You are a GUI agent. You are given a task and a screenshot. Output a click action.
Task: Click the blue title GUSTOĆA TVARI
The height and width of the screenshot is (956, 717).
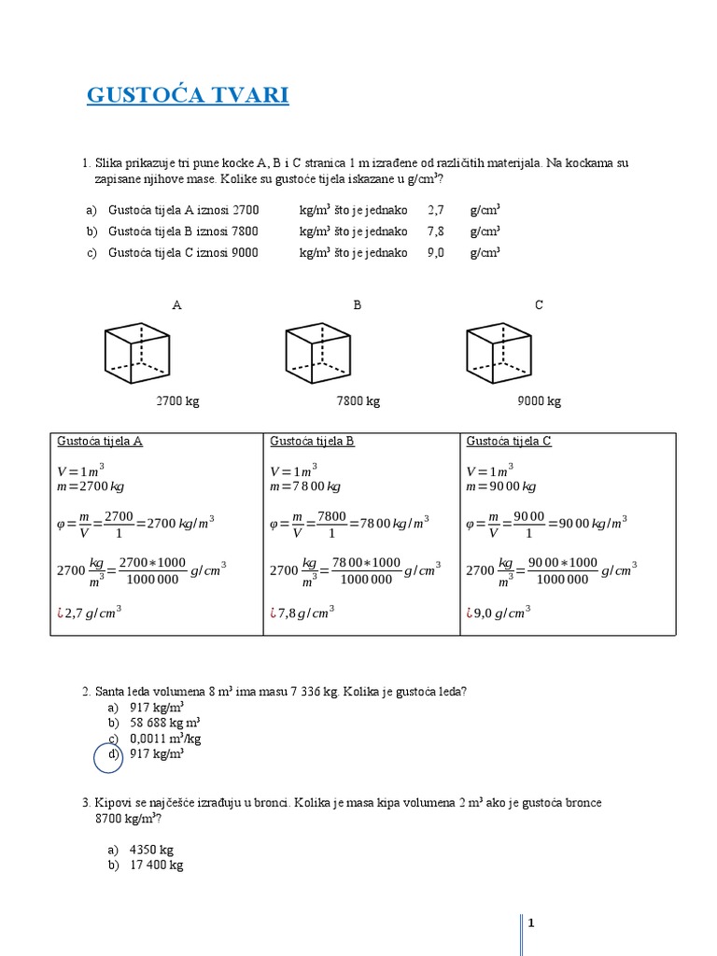(x=188, y=95)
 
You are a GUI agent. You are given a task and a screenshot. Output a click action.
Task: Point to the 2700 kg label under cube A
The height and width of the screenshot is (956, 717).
(x=177, y=401)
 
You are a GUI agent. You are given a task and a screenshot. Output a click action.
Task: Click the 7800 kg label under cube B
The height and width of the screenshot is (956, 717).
(x=358, y=401)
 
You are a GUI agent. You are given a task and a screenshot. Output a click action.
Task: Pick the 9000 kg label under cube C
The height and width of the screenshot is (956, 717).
(x=540, y=401)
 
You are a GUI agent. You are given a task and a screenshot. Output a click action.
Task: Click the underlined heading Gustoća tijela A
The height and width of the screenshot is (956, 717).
(x=100, y=442)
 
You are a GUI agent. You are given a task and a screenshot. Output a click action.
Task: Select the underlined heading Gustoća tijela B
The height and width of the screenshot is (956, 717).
(x=312, y=442)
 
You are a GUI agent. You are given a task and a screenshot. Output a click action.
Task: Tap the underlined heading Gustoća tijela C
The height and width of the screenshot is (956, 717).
(x=509, y=442)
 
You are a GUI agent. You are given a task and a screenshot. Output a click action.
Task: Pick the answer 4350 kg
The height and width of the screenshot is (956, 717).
(x=151, y=850)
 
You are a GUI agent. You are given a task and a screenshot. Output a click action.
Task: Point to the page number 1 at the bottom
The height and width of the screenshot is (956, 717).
(x=531, y=923)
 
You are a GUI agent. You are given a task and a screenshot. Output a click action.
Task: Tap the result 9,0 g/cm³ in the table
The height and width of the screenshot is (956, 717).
(x=502, y=613)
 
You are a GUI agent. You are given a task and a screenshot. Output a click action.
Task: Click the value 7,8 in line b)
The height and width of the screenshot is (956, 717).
(x=435, y=232)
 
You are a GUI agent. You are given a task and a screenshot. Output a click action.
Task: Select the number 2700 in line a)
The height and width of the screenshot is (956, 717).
(x=246, y=211)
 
